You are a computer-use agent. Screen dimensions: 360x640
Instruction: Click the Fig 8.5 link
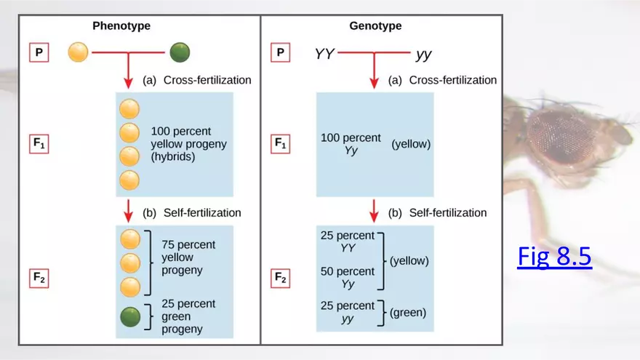coord(554,257)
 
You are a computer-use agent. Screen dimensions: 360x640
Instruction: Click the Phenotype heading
coord(121,26)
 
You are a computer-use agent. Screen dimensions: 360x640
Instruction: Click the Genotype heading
coord(375,26)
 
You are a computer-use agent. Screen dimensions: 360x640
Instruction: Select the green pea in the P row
coord(180,53)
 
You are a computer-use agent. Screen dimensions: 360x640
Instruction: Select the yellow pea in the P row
coord(78,53)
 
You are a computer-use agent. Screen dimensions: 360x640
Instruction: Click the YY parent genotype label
coord(324,54)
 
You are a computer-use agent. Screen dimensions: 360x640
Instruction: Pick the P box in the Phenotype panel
coord(39,53)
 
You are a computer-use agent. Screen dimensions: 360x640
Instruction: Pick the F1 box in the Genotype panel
coord(281,144)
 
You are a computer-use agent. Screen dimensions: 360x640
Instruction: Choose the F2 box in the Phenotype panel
coord(39,278)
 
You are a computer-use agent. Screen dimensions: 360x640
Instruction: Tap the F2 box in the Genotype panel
coord(281,278)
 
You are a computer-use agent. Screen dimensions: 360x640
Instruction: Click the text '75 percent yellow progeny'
coord(188,257)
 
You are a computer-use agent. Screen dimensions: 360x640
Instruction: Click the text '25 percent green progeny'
coord(188,316)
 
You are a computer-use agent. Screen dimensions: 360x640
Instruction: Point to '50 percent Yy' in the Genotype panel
coord(348,278)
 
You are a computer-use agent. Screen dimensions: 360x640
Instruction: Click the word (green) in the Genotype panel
coord(408,313)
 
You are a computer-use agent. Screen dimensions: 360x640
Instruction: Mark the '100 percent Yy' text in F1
coord(351,144)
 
